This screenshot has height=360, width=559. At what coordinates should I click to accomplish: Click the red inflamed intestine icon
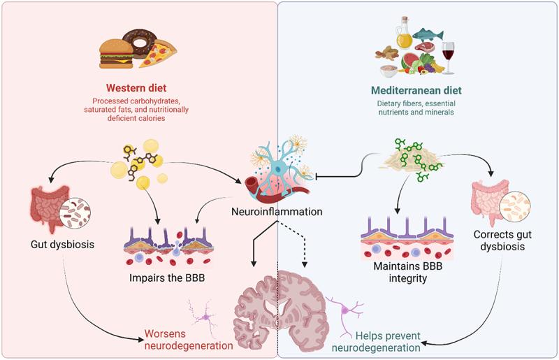(x=43, y=207)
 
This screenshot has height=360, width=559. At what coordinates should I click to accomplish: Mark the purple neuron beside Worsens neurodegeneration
(x=202, y=317)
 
